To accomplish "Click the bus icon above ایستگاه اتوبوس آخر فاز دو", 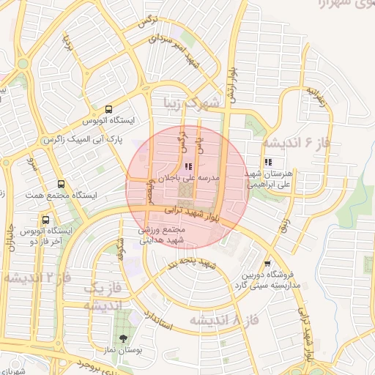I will (45, 220).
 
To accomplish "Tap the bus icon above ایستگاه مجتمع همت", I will (60, 185).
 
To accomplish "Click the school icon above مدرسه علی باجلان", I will (190, 166).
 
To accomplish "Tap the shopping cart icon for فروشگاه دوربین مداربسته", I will (267, 263).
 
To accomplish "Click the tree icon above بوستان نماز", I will (122, 339).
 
